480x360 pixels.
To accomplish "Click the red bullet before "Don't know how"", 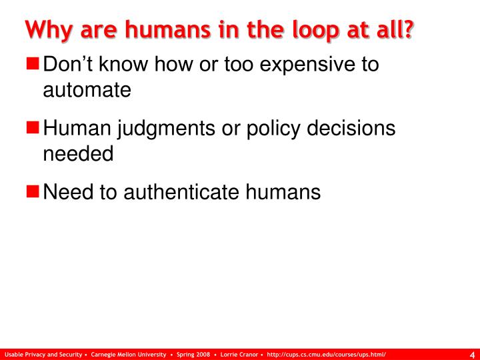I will click(34, 65).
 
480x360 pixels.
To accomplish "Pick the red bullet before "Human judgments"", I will click(34, 129).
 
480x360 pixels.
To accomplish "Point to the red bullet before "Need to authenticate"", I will click(34, 193).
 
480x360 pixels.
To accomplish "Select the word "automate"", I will click(87, 90).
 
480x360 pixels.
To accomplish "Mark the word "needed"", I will click(78, 154).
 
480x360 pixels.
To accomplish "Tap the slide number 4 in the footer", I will click(472, 354).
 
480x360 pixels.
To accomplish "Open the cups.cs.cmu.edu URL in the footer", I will click(327, 354).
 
